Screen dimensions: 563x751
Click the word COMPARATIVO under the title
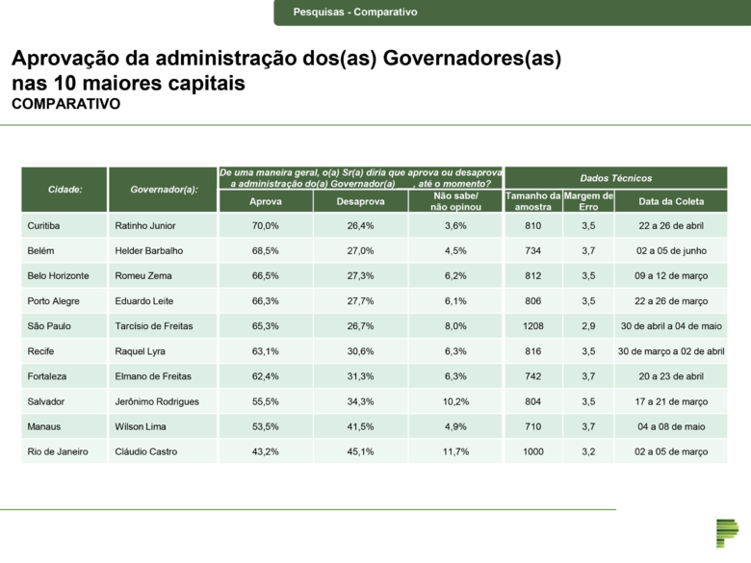pyautogui.click(x=65, y=104)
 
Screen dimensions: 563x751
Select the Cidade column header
pyautogui.click(x=65, y=190)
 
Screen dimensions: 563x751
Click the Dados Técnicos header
pyautogui.click(x=615, y=178)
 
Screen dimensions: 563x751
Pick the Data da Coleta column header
pyautogui.click(x=671, y=202)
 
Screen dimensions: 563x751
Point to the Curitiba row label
pyautogui.click(x=44, y=226)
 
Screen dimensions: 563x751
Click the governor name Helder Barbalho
pyautogui.click(x=148, y=251)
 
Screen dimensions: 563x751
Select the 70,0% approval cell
pyautogui.click(x=265, y=226)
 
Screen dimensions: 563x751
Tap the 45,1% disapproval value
pyautogui.click(x=360, y=451)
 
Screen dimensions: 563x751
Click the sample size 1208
pyautogui.click(x=532, y=326)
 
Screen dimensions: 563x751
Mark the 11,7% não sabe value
pyautogui.click(x=455, y=451)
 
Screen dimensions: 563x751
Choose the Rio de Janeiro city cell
pyautogui.click(x=59, y=451)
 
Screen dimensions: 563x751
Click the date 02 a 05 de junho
pyautogui.click(x=671, y=251)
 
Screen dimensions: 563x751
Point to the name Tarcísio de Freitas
pyautogui.click(x=157, y=326)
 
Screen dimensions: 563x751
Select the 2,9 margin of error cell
pyautogui.click(x=587, y=326)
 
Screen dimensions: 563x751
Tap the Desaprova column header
pyautogui.click(x=360, y=202)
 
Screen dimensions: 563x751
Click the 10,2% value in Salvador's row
pyautogui.click(x=455, y=401)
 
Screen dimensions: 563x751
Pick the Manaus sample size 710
pyautogui.click(x=532, y=426)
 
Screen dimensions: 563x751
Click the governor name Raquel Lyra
pyautogui.click(x=140, y=351)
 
